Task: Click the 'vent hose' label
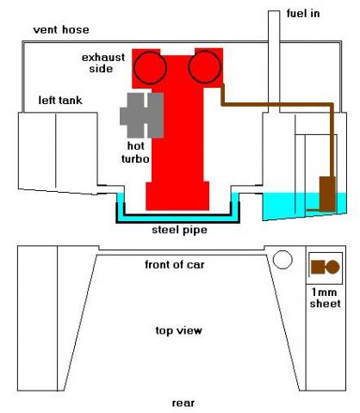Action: [61, 30]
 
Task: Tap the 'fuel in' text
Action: [303, 14]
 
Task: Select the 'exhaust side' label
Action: [103, 63]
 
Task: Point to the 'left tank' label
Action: [60, 101]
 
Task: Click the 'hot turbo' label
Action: [135, 152]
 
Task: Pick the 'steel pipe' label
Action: [179, 230]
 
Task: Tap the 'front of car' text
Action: [175, 264]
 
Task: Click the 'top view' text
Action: [178, 330]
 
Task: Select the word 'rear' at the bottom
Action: [183, 403]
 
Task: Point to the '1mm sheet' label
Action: [326, 298]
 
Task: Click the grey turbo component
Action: [141, 115]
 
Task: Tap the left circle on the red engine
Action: [150, 68]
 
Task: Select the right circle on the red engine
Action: [205, 67]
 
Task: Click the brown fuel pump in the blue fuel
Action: [327, 194]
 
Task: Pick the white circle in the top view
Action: [282, 260]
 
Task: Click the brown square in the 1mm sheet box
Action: [318, 267]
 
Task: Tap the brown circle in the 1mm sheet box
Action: [332, 267]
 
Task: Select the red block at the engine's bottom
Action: [177, 195]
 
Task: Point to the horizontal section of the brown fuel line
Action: [277, 104]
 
